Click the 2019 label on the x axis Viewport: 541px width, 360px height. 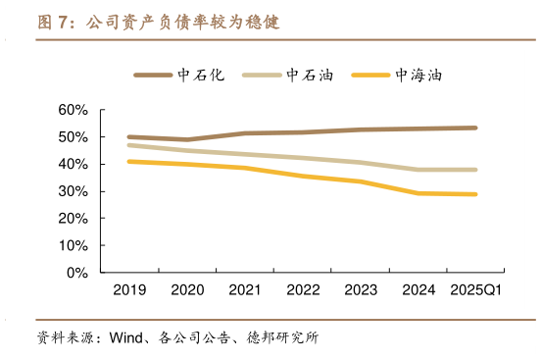coord(128,290)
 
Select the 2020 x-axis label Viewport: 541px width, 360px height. coord(186,290)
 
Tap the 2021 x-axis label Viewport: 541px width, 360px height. coord(244,290)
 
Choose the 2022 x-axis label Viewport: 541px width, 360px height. coord(302,290)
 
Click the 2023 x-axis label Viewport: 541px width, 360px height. coord(360,290)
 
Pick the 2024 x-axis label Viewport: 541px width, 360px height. coord(418,290)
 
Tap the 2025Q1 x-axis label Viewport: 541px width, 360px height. coord(475,290)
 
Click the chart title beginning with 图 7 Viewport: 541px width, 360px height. coord(157,21)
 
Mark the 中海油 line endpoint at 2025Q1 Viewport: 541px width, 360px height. coord(476,194)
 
